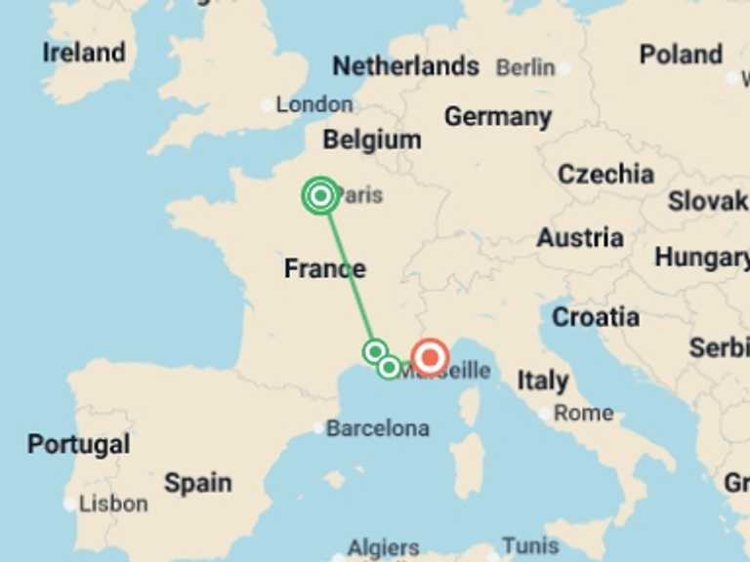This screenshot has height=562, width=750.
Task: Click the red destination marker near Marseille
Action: pos(430,358)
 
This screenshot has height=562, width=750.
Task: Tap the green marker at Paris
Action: pos(320,196)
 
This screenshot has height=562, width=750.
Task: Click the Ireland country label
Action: pos(84,53)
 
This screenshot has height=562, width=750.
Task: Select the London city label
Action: pos(313,104)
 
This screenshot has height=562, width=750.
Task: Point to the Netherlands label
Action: pos(405,66)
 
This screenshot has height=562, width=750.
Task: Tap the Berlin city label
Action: pos(525,67)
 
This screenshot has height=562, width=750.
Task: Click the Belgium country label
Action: pos(372,140)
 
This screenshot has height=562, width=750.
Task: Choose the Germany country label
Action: pos(498,117)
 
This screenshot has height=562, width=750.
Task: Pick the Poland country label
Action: pos(681,55)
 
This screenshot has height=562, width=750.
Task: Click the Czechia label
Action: pos(605,175)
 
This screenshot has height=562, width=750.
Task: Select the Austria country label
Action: pos(580,238)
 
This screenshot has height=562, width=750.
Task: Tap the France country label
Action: pos(325,269)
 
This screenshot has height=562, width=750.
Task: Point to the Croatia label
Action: pos(596,317)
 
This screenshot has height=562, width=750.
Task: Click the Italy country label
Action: pos(542,381)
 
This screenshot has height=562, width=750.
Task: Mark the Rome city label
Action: pos(583,413)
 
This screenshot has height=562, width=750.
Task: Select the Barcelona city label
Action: pos(377,428)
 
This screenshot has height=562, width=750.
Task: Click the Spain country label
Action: pos(197,483)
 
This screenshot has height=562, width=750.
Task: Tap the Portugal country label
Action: pos(78,445)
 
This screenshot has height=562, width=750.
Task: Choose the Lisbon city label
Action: pos(113,504)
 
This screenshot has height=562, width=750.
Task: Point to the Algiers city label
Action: pos(384,548)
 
